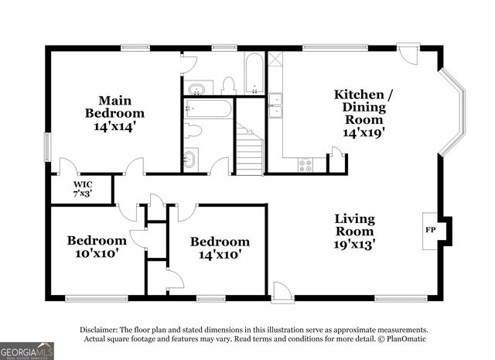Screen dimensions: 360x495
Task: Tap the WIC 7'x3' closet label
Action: click(x=83, y=188)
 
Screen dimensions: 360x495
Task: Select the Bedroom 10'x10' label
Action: click(x=96, y=246)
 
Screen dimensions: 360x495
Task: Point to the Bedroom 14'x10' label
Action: click(x=220, y=248)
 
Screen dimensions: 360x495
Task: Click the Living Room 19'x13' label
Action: click(x=354, y=231)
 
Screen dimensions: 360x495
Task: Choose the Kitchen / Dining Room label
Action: click(x=363, y=113)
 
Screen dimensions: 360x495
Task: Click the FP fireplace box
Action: click(x=430, y=230)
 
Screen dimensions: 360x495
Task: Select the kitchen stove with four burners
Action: click(x=305, y=165)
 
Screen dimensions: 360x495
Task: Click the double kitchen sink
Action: click(x=275, y=105)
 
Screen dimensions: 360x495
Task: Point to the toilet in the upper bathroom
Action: click(x=228, y=84)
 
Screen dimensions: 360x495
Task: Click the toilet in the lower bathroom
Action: click(x=193, y=131)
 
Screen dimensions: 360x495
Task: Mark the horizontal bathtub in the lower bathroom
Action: click(x=207, y=108)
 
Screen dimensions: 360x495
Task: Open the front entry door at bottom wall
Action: click(x=282, y=291)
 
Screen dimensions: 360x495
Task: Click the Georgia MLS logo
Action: click(x=27, y=350)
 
